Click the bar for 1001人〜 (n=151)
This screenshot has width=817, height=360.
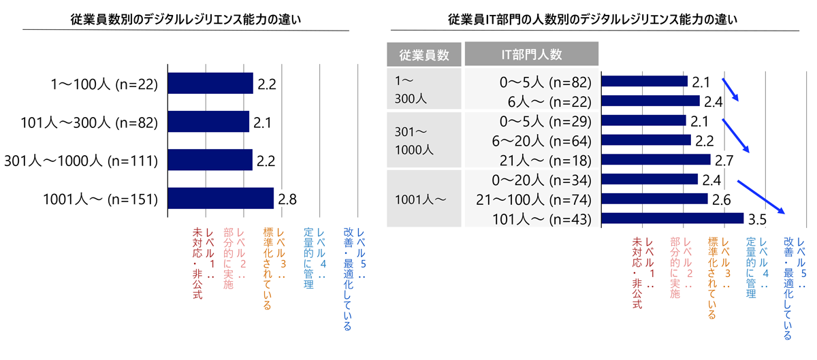pos(220,199)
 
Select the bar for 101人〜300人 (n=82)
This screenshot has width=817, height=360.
pos(208,122)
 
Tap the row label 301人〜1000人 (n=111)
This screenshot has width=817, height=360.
pos(82,161)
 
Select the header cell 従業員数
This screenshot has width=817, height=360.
pos(423,54)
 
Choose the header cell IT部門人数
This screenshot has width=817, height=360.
pos(531,54)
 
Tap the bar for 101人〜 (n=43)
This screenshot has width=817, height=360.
pos(673,218)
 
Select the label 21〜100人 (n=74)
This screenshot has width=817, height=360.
pos(538,199)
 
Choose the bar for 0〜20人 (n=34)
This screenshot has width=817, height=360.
pos(650,179)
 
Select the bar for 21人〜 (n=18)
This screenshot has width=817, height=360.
pos(656,159)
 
